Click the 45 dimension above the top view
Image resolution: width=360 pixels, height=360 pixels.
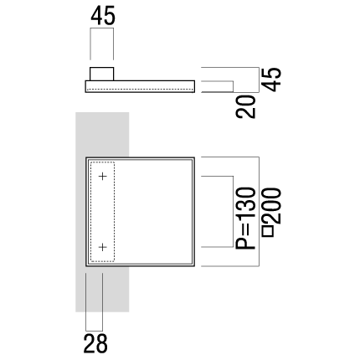tap(103, 16)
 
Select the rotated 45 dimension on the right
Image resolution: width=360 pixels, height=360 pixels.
tap(272, 80)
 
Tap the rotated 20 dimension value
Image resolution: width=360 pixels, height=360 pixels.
tap(246, 106)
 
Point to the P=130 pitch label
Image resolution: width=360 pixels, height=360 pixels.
tap(246, 219)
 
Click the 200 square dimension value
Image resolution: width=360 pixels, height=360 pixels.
tap(272, 206)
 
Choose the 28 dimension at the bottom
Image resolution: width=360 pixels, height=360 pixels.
tap(95, 343)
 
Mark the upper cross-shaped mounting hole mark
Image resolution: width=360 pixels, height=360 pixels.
tap(103, 177)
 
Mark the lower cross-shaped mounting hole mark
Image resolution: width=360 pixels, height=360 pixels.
tap(103, 247)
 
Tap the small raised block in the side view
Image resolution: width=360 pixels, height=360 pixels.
tap(101, 74)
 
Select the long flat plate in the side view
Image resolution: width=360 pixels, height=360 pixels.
tap(140, 86)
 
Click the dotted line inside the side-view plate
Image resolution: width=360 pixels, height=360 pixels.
tap(140, 90)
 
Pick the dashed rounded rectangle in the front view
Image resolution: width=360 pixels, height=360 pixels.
tap(90, 212)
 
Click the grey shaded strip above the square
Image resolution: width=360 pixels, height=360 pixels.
tap(102, 135)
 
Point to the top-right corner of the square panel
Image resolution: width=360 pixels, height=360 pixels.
tap(194, 157)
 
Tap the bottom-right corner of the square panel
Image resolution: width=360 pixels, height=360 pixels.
tap(194, 266)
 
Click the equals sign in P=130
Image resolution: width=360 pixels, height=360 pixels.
tap(246, 229)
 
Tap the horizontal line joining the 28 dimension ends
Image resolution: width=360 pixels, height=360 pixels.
tap(95, 331)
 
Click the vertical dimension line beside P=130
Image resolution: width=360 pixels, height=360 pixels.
tap(233, 212)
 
